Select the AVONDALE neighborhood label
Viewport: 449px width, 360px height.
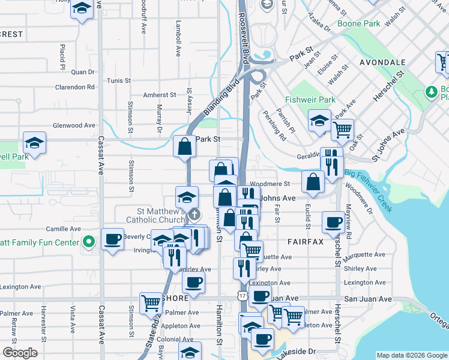pos(382,62)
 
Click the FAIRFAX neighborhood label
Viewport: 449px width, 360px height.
pos(305,242)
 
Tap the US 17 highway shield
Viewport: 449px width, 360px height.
pos(242,296)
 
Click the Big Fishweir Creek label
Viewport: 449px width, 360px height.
pos(369,191)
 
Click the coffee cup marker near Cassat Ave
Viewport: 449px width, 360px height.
pos(112,240)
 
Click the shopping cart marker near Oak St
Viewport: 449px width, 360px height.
pos(342,129)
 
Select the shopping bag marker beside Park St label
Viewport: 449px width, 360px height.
pos(185,146)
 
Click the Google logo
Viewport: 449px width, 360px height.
pos(20,352)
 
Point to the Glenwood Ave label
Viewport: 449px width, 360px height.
pos(74,125)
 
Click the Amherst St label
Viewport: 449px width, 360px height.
pos(159,95)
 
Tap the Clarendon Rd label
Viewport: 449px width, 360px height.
pos(75,86)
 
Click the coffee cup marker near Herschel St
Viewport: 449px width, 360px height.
pos(333,222)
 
